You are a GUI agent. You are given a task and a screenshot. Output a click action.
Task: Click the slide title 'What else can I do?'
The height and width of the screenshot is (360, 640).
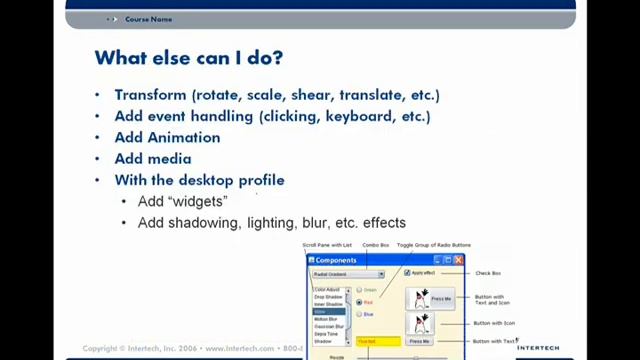click(x=188, y=58)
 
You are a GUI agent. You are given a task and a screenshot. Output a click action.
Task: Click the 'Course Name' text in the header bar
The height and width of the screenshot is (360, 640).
click(x=148, y=19)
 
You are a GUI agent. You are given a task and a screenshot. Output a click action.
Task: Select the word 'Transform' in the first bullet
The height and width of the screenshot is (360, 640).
click(x=150, y=95)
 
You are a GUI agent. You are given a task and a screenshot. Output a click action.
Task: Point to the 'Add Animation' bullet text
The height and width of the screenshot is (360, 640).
click(x=167, y=138)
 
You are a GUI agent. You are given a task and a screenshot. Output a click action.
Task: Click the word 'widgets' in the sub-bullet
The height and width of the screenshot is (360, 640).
click(x=198, y=202)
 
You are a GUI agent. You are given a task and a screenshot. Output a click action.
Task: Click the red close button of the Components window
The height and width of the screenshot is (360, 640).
click(x=458, y=260)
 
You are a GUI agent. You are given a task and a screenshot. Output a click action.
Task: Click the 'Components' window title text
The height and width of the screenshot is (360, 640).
click(x=336, y=260)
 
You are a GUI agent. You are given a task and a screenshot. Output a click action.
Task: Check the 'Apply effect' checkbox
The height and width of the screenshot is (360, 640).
click(x=407, y=273)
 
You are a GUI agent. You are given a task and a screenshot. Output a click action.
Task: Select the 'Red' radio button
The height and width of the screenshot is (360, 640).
click(x=359, y=302)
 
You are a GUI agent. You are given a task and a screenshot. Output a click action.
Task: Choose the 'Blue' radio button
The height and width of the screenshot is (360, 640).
click(x=359, y=314)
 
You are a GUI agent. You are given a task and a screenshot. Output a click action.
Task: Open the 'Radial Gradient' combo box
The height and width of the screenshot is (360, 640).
click(x=347, y=274)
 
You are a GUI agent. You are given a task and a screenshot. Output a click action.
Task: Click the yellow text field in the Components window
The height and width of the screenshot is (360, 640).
click(x=378, y=341)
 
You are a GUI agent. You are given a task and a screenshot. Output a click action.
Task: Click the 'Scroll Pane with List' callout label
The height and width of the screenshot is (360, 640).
click(x=327, y=245)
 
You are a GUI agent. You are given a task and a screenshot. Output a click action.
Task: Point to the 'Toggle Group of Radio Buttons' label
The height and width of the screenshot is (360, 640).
click(x=433, y=245)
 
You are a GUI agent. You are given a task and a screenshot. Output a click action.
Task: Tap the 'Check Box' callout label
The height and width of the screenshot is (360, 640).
click(x=488, y=273)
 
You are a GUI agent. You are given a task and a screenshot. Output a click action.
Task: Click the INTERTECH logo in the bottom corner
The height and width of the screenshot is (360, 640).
click(x=538, y=348)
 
